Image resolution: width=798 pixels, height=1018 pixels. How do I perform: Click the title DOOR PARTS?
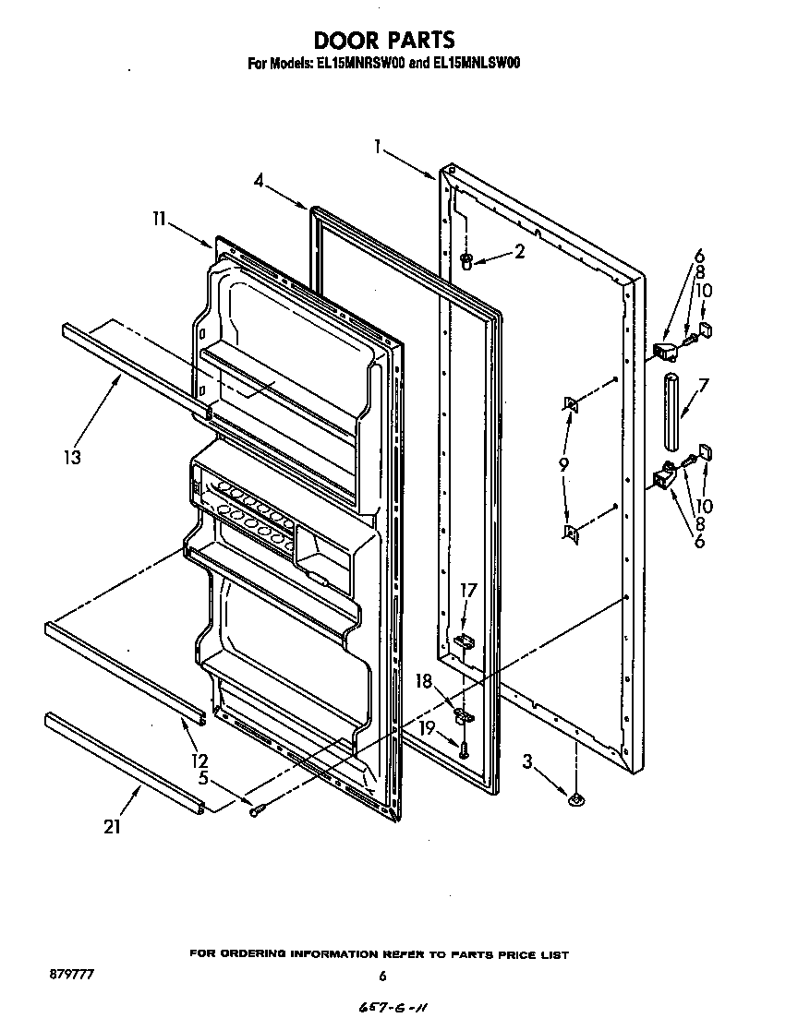tap(384, 40)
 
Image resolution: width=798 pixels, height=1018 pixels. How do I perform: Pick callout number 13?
tap(72, 455)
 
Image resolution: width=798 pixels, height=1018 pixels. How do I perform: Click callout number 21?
tap(112, 826)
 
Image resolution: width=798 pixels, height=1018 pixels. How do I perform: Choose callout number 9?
tap(564, 465)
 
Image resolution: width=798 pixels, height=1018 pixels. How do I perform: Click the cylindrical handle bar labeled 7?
tap(671, 397)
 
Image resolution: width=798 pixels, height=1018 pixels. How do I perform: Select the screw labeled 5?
tap(258, 809)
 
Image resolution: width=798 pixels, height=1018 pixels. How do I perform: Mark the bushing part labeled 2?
tap(466, 259)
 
